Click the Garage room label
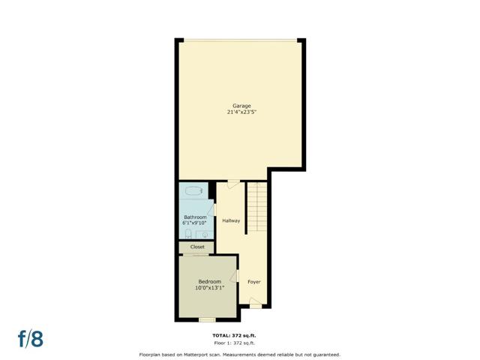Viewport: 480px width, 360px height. pyautogui.click(x=241, y=106)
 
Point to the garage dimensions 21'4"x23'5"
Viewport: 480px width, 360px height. pyautogui.click(x=241, y=112)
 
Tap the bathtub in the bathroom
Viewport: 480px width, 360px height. pyautogui.click(x=193, y=191)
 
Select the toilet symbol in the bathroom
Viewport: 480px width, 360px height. pyautogui.click(x=188, y=234)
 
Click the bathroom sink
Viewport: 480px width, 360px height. pyautogui.click(x=205, y=235)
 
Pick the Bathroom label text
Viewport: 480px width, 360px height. pyautogui.click(x=195, y=217)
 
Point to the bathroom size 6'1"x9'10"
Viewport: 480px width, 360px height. pyautogui.click(x=195, y=223)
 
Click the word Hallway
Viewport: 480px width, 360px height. pyautogui.click(x=231, y=220)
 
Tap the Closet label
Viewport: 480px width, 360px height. pyautogui.click(x=197, y=247)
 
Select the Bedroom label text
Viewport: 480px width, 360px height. pyautogui.click(x=210, y=282)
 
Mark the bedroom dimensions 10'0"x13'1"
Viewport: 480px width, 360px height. pyautogui.click(x=210, y=288)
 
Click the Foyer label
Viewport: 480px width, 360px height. pyautogui.click(x=254, y=282)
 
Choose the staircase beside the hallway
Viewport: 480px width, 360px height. pyautogui.click(x=257, y=207)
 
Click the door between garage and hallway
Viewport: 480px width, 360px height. pyautogui.click(x=233, y=183)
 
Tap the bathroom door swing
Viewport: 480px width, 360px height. pyautogui.click(x=211, y=209)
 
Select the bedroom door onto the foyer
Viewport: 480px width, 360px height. pyautogui.click(x=235, y=276)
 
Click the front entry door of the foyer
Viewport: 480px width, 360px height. pyautogui.click(x=256, y=303)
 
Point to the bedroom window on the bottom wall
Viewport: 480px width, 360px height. pyautogui.click(x=207, y=320)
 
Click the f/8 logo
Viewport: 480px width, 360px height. pyautogui.click(x=31, y=338)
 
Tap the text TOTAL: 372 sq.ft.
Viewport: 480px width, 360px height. pyautogui.click(x=234, y=336)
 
